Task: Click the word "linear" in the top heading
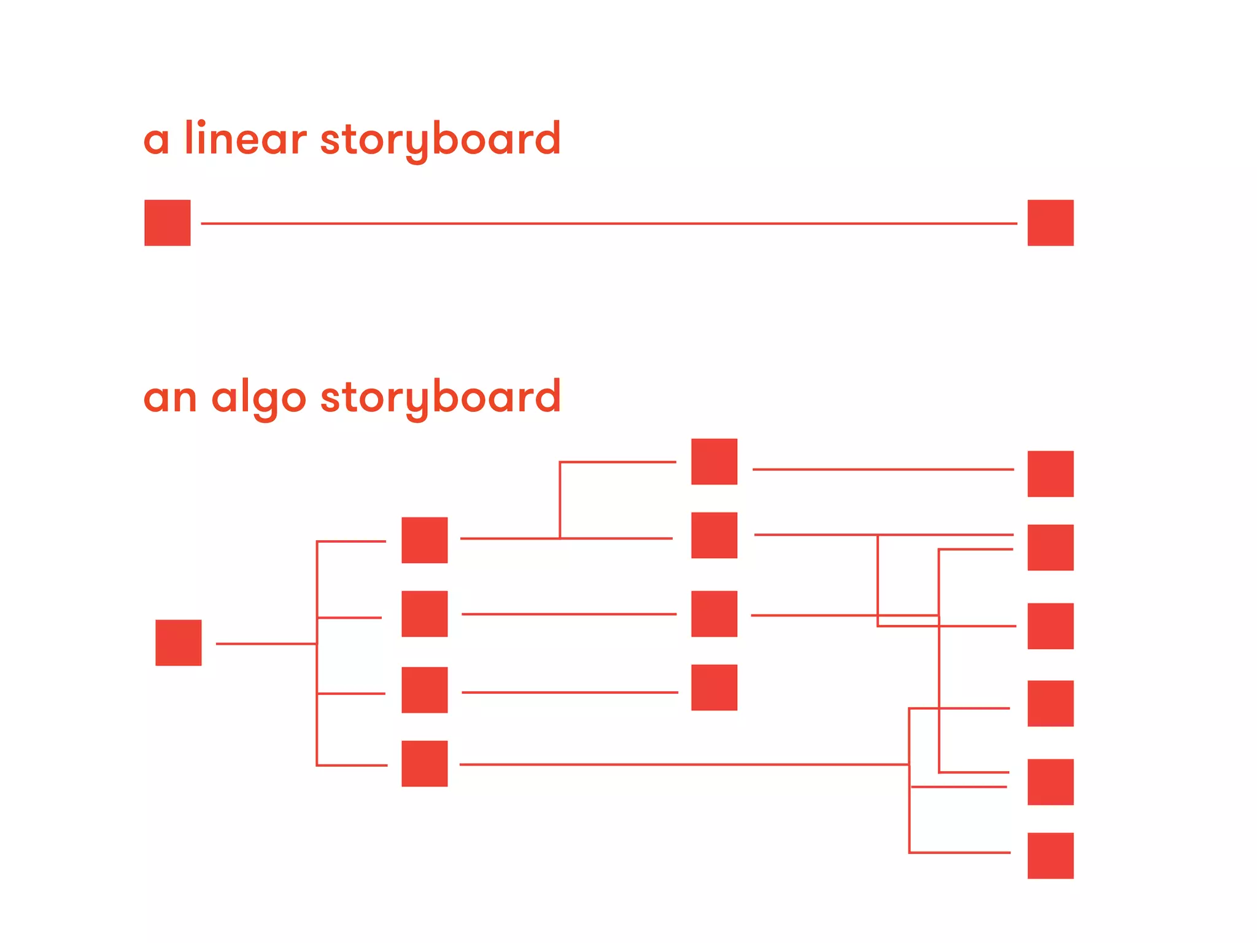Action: (245, 138)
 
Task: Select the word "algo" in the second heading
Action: (258, 398)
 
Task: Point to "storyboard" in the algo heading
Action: (440, 398)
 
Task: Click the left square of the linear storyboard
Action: (168, 223)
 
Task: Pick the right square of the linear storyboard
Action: (1050, 223)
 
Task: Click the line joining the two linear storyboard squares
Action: (608, 223)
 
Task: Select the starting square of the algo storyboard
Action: (179, 643)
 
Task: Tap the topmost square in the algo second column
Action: (425, 540)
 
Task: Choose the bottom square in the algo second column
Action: (425, 764)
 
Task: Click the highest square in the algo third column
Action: (714, 462)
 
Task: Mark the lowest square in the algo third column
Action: (714, 688)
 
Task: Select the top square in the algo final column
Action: (1050, 474)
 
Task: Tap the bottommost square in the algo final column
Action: (1050, 856)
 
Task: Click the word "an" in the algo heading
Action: (170, 398)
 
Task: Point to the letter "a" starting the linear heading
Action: (156, 140)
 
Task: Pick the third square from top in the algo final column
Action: (1050, 626)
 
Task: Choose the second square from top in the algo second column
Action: (425, 614)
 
